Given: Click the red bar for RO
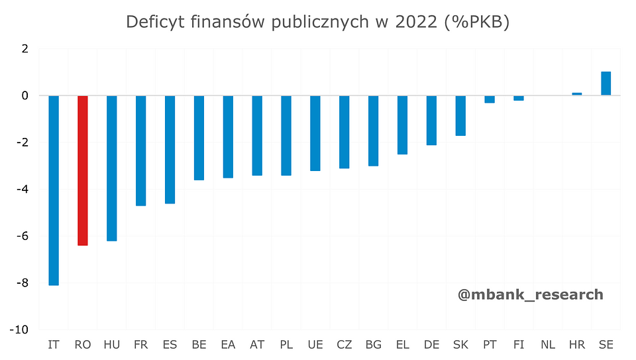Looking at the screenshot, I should [x=83, y=170].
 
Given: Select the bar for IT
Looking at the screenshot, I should [x=54, y=190].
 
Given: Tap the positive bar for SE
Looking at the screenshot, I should [x=606, y=84].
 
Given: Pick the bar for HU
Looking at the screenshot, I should [x=112, y=168].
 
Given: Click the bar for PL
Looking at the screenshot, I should [x=286, y=135].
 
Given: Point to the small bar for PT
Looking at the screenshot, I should [x=490, y=99].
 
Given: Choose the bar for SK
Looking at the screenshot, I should [x=460, y=115].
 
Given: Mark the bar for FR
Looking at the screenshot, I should [x=140, y=150].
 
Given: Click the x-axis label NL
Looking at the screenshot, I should [x=548, y=345].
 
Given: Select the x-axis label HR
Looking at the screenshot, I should [x=577, y=345].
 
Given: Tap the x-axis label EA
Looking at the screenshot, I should [x=228, y=345].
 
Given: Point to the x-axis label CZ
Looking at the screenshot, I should [x=344, y=345].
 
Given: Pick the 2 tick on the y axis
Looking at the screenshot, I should [x=25, y=49].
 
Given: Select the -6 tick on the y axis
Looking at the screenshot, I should [x=23, y=237].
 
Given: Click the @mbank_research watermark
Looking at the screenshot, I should [x=530, y=294].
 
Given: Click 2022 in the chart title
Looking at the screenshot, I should [x=415, y=22].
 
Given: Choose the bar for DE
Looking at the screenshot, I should [x=431, y=120].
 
